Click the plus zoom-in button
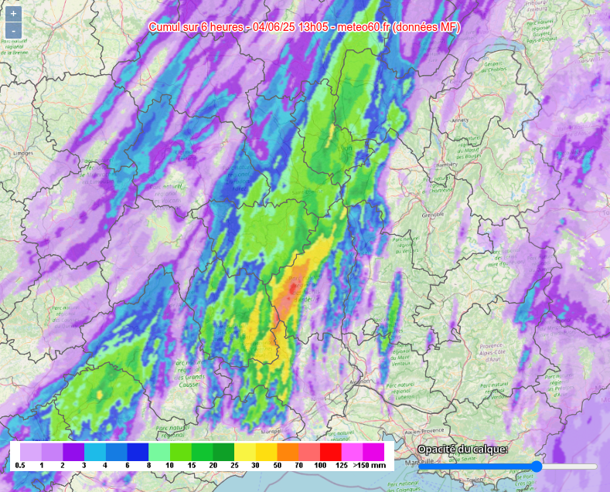pyautogui.click(x=13, y=14)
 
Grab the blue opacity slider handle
pyautogui.click(x=537, y=467)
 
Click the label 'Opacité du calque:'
pyautogui.click(x=462, y=450)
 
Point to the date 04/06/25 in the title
pyautogui.click(x=274, y=28)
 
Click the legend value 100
pyautogui.click(x=319, y=466)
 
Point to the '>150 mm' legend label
pyautogui.click(x=370, y=466)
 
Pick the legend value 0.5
pyautogui.click(x=19, y=466)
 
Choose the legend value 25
pyautogui.click(x=233, y=466)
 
